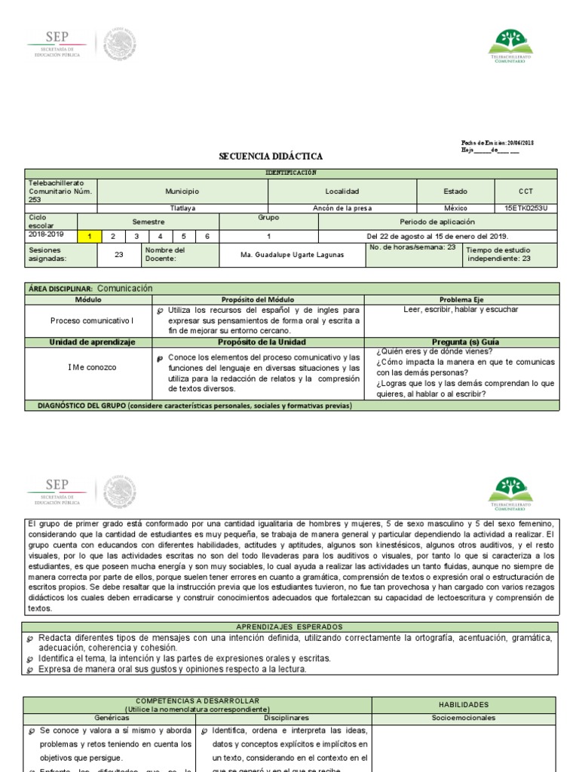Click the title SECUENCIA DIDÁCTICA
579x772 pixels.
point(271,156)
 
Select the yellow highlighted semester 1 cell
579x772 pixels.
point(90,235)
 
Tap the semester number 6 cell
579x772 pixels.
point(207,235)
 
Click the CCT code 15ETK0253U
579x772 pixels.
point(526,208)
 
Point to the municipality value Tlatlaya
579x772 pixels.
point(182,208)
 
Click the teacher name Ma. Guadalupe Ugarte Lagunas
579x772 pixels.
point(292,255)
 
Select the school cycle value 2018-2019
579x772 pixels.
point(47,234)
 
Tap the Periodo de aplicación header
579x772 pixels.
point(437,222)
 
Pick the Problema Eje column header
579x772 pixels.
point(467,299)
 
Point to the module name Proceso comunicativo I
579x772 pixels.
point(92,320)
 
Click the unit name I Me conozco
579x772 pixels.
point(92,367)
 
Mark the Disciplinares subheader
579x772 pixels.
point(284,718)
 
